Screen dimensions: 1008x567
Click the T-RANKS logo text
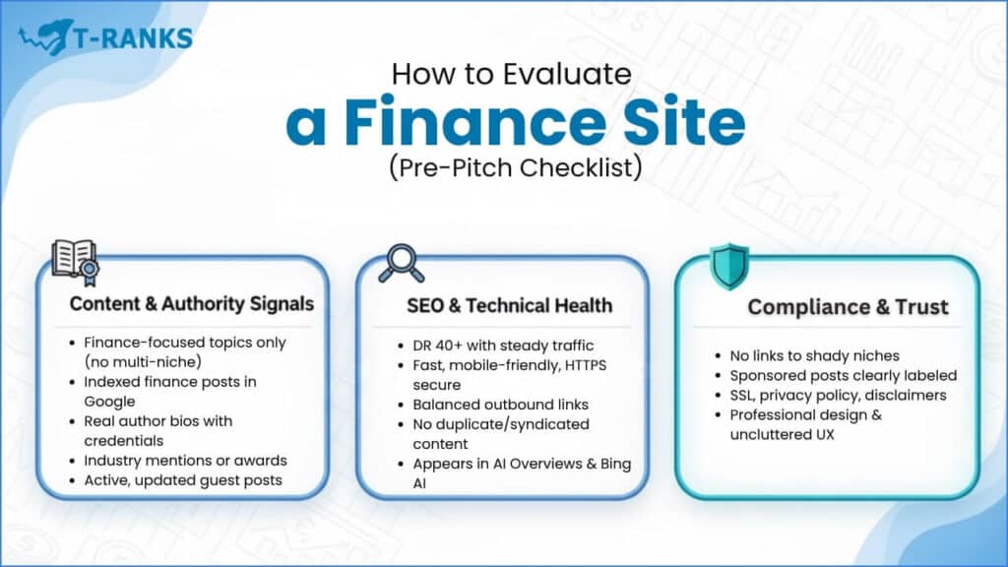coord(134,38)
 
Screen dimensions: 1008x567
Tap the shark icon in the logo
coord(46,37)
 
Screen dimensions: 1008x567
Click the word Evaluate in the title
coord(567,74)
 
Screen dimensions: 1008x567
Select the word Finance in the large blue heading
coord(475,121)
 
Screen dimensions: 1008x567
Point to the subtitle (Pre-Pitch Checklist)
coord(516,167)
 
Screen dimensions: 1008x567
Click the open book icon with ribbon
coord(76,262)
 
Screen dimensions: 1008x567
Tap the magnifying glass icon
coord(402,263)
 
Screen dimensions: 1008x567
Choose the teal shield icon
coord(729,266)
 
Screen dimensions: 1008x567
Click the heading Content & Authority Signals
coord(192,304)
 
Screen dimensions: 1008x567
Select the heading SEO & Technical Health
coord(509,305)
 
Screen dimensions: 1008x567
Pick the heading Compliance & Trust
coord(848,307)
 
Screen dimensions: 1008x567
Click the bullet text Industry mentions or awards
coord(185,461)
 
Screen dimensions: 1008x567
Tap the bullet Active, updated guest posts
coord(182,480)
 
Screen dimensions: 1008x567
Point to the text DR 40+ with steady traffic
coord(503,346)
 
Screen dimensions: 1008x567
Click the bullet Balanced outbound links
coord(500,405)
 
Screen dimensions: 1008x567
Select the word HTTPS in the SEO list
coord(586,365)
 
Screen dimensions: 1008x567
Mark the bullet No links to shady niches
coord(814,355)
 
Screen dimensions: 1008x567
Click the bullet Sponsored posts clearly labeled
coord(843,375)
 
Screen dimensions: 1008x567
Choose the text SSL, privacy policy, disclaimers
coord(838,396)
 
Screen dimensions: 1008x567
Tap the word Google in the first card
coord(109,402)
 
